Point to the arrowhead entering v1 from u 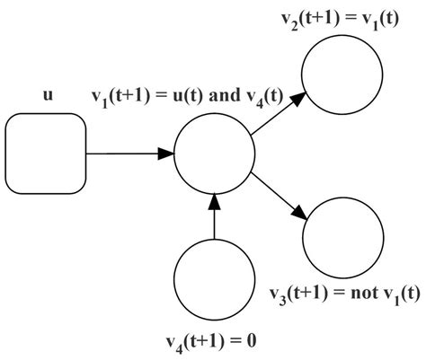coord(164,154)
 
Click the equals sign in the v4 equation coord(238,341)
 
